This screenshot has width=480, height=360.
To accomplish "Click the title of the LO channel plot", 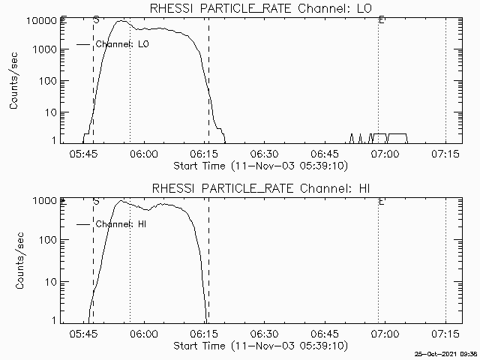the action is coord(261,8).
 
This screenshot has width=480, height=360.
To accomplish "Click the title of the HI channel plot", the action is coord(261,188).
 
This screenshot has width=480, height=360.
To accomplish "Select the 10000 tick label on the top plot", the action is coord(42,21).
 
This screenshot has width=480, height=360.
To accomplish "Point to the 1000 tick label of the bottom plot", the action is coord(45,201).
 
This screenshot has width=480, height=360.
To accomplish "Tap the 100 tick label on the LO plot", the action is coord(48,81).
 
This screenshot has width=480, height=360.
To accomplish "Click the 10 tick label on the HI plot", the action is coord(51,282).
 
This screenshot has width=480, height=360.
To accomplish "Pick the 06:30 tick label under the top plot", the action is coord(264,153).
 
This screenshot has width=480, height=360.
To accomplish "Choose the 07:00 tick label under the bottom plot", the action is coord(385,333).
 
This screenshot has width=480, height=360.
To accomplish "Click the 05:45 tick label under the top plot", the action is coord(83,153).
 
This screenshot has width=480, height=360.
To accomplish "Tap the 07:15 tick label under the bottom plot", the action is coord(445,333).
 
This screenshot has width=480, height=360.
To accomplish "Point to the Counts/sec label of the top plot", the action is coord(13,81).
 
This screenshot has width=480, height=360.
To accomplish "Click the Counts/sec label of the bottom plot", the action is coord(19,260).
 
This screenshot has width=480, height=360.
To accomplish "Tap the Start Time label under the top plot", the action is coord(261,166).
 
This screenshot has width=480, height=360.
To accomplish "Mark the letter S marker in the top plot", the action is coord(96,20).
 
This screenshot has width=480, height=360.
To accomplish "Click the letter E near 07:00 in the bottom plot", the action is coord(382,202).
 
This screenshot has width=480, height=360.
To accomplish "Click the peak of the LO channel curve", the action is coord(121,21).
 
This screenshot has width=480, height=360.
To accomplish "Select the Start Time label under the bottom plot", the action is coord(261,346).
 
